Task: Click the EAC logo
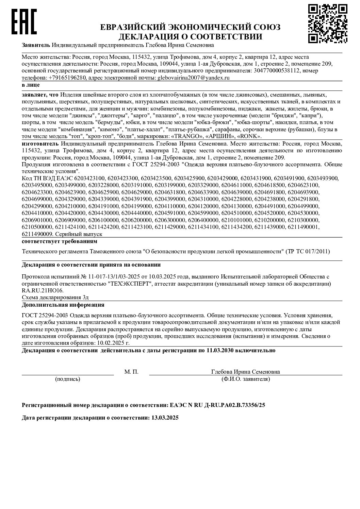(24, 22)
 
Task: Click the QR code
(328, 23)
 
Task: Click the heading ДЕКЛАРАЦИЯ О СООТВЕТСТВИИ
(190, 37)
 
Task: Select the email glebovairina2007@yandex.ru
(193, 78)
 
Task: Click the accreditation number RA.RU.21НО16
(42, 291)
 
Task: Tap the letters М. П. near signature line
(131, 372)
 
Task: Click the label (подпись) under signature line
(68, 379)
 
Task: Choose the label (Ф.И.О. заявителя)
(245, 379)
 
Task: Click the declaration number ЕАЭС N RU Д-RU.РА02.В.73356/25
(217, 405)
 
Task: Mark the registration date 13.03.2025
(164, 418)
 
